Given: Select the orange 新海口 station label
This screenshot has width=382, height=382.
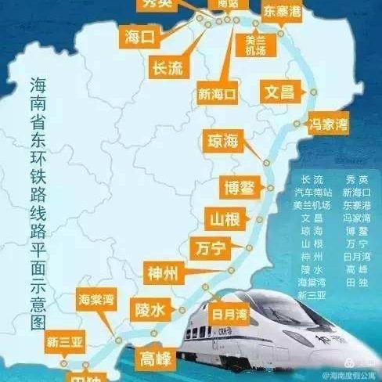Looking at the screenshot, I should click(x=217, y=95).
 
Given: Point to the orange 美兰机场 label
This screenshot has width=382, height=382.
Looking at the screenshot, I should click(x=255, y=45).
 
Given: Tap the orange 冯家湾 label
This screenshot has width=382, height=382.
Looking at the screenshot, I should click(x=330, y=124).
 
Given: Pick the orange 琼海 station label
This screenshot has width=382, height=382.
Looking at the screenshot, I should click(x=222, y=141).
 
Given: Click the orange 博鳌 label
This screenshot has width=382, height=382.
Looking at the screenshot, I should click(x=236, y=188).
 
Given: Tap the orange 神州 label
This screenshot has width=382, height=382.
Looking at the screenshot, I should click(x=164, y=273).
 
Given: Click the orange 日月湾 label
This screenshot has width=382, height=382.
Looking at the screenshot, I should click(x=229, y=314).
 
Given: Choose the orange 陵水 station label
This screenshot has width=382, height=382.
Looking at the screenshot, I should click(x=150, y=310).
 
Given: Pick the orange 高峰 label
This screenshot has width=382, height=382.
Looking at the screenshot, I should click(x=153, y=359).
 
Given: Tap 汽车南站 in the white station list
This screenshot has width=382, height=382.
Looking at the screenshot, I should click(x=312, y=192).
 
